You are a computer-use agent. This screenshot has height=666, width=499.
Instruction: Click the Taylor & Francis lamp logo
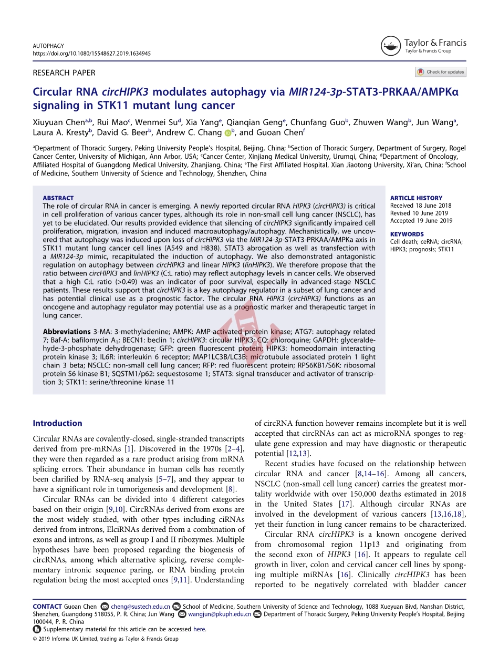[x=390, y=46]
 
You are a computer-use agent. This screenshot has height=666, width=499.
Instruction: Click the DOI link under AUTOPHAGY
[x=92, y=54]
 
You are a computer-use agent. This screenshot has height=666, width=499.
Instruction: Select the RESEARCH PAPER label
[x=64, y=73]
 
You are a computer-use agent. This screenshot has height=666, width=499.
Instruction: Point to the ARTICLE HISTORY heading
[x=416, y=198]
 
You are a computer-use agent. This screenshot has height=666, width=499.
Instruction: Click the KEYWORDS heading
[x=407, y=234]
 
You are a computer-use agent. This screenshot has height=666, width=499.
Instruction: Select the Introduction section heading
[x=57, y=423]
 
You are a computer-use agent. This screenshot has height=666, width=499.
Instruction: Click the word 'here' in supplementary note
[x=199, y=629]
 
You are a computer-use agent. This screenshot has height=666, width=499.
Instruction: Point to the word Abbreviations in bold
[x=67, y=332]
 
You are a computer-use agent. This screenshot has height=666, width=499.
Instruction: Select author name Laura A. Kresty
[x=60, y=132]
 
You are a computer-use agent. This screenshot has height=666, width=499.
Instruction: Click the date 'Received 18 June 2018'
[x=421, y=206]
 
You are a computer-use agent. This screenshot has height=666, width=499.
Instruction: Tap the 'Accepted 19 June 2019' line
[x=421, y=221]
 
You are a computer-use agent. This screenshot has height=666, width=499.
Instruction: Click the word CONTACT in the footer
[x=47, y=607]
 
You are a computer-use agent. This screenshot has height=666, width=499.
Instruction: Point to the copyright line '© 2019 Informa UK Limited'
[x=106, y=639]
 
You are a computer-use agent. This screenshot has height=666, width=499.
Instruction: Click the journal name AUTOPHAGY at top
[x=48, y=46]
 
